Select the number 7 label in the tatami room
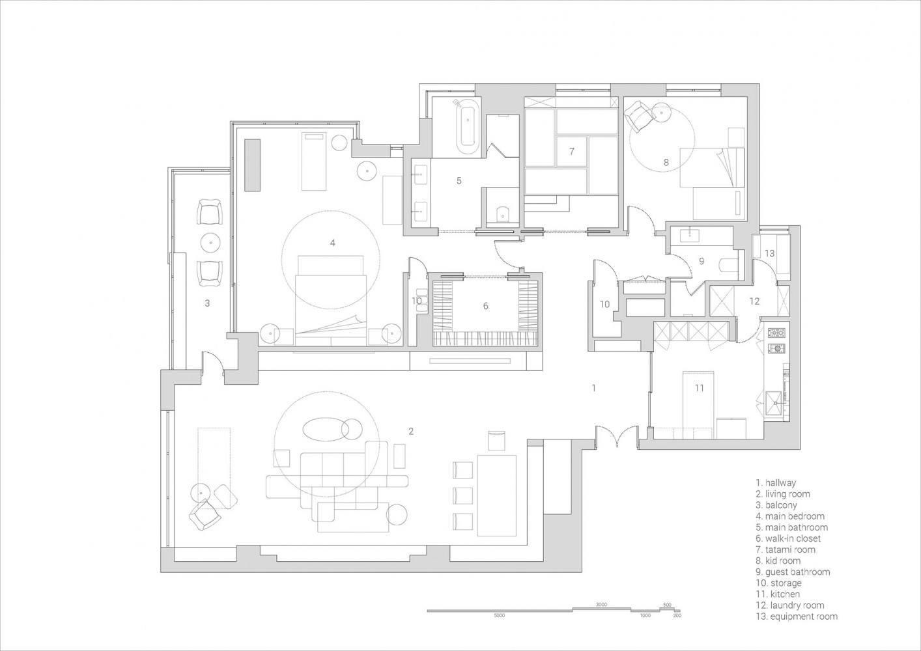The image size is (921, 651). pos(571,151)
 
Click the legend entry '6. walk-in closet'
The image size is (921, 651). pos(788,538)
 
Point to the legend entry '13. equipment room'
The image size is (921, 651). pos(796,616)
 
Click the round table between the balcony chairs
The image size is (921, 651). pos(211,243)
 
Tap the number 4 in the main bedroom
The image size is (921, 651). pos(332,243)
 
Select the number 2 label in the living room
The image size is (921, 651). pos(410,431)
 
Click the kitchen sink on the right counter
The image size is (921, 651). pos(776,402)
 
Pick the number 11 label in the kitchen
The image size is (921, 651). pos(699,388)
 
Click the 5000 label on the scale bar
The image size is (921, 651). pos(500,615)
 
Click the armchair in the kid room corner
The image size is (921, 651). pos(638,118)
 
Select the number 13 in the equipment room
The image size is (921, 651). pos(769,253)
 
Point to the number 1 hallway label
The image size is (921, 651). pos(593,388)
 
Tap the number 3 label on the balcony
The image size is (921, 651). pos(207,303)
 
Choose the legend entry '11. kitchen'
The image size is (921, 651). pos(778,594)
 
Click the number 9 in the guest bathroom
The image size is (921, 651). pos(701,261)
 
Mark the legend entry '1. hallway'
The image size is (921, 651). pos(776,483)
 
